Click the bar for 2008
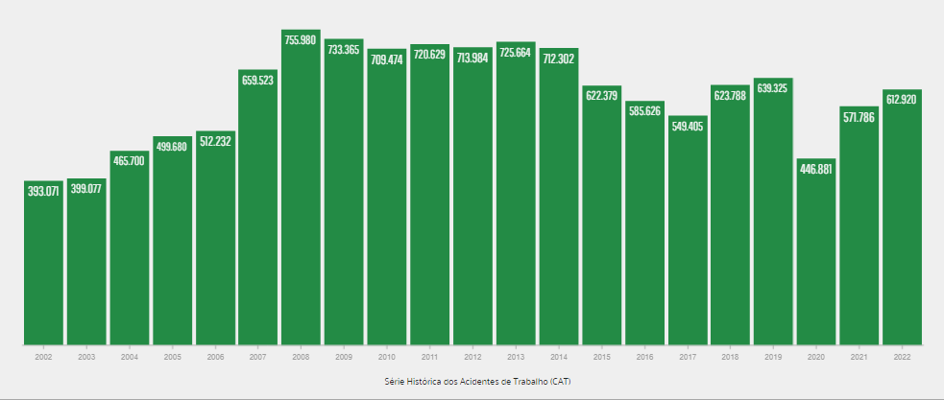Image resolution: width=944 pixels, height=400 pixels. point(301,192)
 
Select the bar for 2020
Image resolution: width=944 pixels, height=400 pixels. point(816,254)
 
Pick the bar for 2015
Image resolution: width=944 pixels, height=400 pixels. point(602,221)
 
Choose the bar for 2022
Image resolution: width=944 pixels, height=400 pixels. point(902,221)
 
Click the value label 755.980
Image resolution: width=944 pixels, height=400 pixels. point(301,38)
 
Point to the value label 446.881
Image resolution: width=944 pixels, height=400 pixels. point(816,169)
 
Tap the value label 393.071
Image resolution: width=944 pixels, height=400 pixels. point(43,190)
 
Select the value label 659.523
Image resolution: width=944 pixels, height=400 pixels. point(258,80)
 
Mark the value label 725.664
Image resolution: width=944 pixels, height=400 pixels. point(516,51)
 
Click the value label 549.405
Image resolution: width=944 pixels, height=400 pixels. point(688,125)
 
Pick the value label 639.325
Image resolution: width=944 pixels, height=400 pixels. point(773,88)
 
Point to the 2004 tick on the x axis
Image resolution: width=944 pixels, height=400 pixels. point(129,356)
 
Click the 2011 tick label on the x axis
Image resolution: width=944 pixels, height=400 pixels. point(429,356)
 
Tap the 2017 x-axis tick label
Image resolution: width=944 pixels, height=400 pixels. point(688,356)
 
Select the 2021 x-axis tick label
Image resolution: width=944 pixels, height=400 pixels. point(859,356)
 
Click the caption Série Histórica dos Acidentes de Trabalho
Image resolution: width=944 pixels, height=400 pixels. point(472,381)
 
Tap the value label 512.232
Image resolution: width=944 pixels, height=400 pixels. point(215,141)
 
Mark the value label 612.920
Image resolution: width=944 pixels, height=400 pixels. point(902,100)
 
